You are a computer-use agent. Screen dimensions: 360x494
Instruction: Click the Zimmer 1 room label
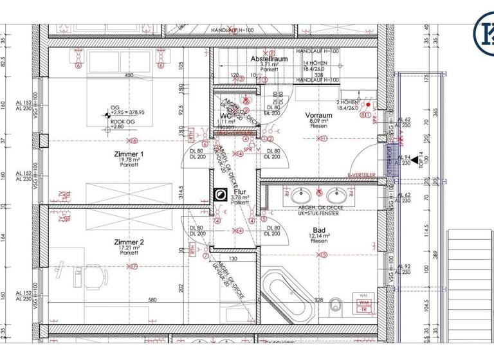tap(129, 154)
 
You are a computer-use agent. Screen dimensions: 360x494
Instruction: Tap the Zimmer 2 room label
tap(129, 242)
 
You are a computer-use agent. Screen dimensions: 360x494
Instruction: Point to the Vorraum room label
tap(318, 116)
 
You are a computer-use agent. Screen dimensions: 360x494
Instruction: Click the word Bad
tap(318, 230)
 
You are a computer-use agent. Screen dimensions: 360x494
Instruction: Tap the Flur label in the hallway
tap(241, 192)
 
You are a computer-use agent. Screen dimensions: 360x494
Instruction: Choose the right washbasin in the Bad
tap(336, 194)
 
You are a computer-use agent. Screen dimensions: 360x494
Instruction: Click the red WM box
tap(363, 302)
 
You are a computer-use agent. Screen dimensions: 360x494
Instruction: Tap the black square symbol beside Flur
tap(220, 195)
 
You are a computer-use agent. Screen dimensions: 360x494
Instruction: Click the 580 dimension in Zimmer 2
tap(152, 300)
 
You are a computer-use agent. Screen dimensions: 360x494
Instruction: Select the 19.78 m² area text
tap(129, 160)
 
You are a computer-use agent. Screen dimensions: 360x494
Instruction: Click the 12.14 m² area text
tap(318, 237)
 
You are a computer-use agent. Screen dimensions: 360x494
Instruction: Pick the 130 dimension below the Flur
tap(233, 260)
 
